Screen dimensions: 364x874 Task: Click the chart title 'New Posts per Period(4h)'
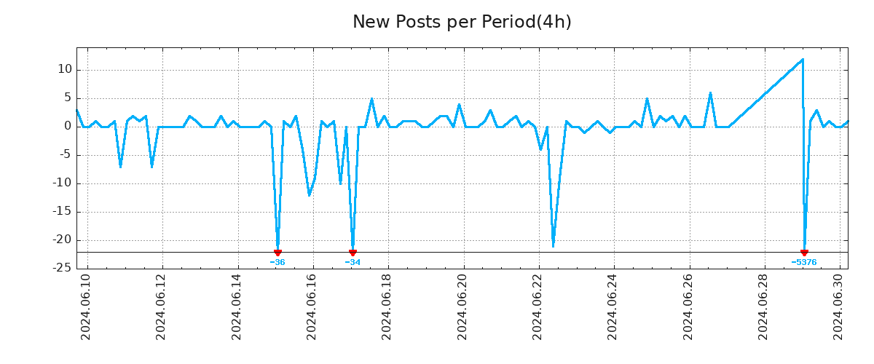[x=462, y=22]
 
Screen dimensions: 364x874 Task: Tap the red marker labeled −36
[x=277, y=253]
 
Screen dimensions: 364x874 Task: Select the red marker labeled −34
[x=353, y=253]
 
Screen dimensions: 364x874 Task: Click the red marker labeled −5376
[x=804, y=253]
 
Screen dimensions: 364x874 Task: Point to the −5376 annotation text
[x=804, y=262]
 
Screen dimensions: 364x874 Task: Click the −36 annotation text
[x=277, y=262]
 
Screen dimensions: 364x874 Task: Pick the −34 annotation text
[x=353, y=262]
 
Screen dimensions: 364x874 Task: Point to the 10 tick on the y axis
[x=65, y=70]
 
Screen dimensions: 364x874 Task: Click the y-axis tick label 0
[x=68, y=127]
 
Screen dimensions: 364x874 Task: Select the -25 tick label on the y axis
[x=61, y=268]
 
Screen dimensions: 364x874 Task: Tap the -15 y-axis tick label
[x=61, y=212]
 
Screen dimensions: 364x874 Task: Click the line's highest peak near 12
[x=802, y=60]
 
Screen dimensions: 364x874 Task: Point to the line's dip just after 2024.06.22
[x=554, y=246]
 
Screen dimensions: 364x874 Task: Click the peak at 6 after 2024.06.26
[x=710, y=93]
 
